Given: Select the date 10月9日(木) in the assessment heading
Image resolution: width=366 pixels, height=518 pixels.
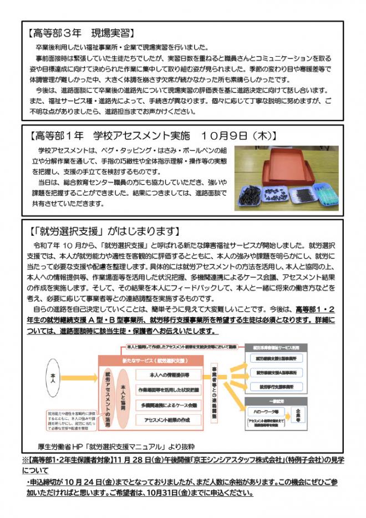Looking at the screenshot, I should click(236, 135).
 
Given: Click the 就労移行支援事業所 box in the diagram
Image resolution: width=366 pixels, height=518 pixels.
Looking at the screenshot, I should click(276, 386).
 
